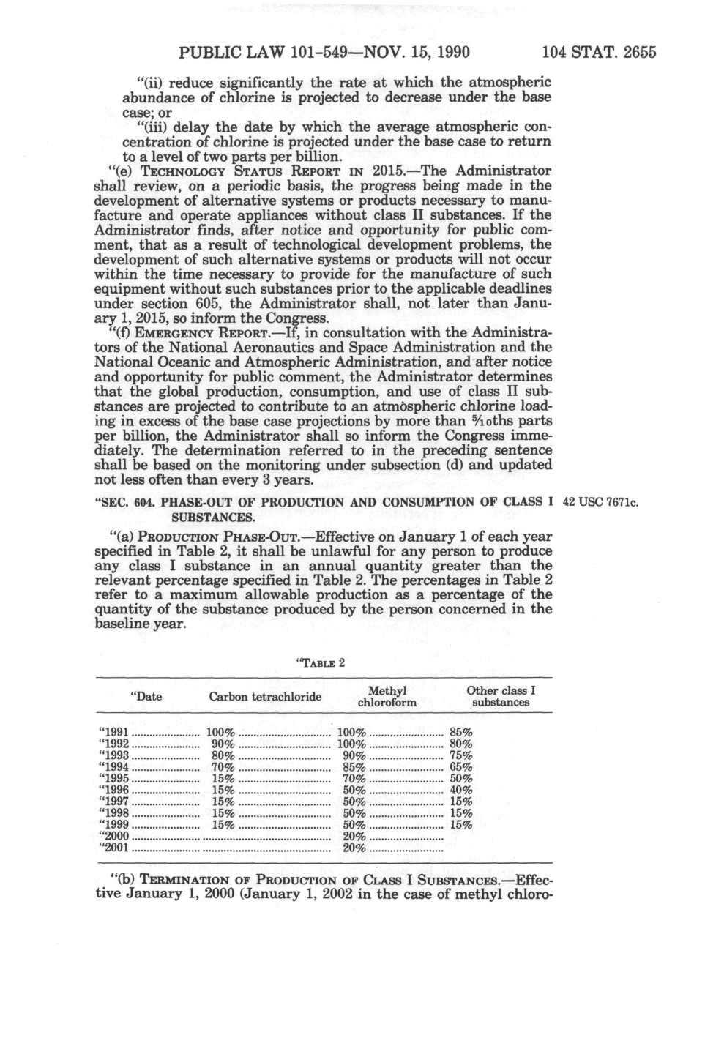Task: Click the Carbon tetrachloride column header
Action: pyautogui.click(x=265, y=696)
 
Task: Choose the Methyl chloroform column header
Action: pyautogui.click(x=387, y=696)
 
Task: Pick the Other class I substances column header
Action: pyautogui.click(x=501, y=696)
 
